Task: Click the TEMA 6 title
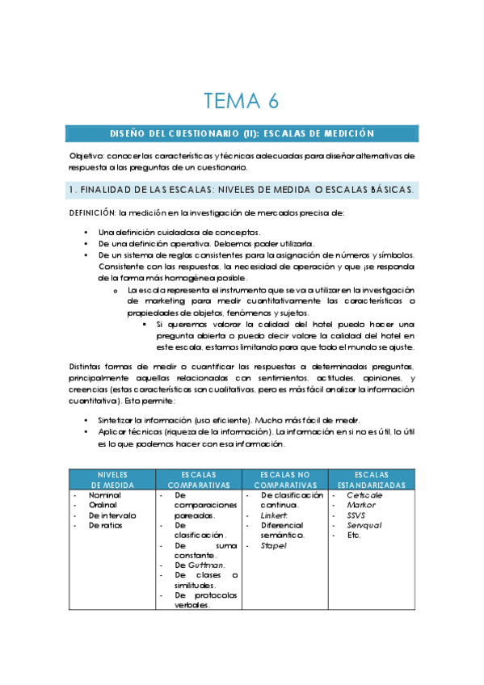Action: [242, 101]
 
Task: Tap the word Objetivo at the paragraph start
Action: [82, 155]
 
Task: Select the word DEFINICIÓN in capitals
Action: [92, 213]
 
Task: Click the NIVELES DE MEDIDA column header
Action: [112, 479]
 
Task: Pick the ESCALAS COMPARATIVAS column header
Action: [199, 479]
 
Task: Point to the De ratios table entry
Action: [108, 525]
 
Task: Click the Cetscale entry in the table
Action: [364, 494]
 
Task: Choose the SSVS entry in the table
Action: [357, 515]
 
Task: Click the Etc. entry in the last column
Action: [354, 535]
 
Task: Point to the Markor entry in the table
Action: [361, 505]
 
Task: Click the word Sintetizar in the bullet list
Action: [116, 420]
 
